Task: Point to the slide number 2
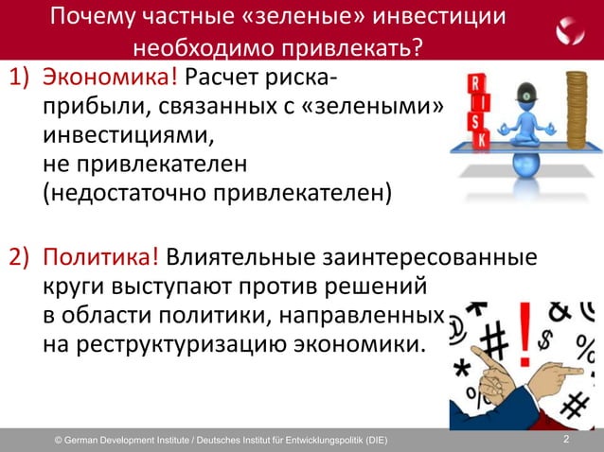click(566, 440)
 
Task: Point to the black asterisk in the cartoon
click(464, 365)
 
